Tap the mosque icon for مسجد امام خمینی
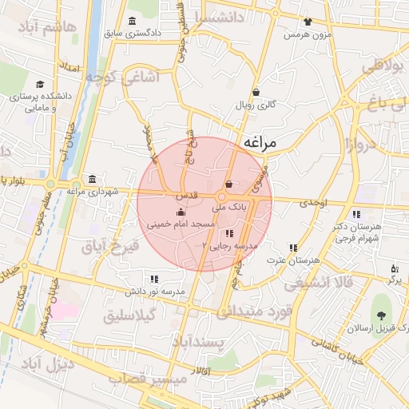(x=180, y=212)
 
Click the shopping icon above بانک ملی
(x=229, y=185)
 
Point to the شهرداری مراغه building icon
(x=93, y=178)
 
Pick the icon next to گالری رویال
(x=256, y=92)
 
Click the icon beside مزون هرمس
(x=308, y=22)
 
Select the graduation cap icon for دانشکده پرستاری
(x=40, y=84)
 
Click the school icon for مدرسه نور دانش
(x=153, y=279)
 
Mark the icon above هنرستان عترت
(x=294, y=248)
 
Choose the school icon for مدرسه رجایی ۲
(x=230, y=234)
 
